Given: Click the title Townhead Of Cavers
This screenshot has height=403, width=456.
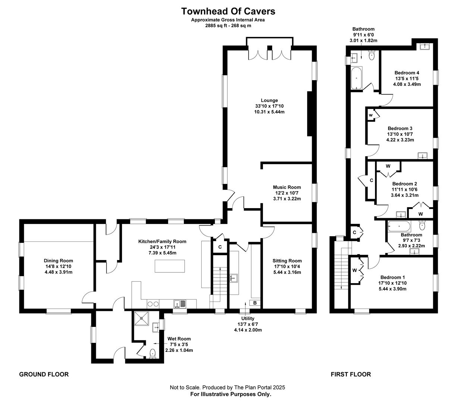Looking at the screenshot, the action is point(228,11).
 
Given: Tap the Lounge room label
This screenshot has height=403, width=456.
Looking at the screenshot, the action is point(269,100).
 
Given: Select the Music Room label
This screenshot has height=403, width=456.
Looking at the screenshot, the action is point(287,187).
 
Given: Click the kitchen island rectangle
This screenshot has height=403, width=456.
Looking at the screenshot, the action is point(170,266).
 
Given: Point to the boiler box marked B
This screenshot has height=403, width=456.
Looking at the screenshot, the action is point(255,303).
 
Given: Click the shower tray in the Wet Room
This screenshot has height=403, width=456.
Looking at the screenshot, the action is point(141,318).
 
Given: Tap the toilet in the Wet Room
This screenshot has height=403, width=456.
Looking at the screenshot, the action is point(152,354).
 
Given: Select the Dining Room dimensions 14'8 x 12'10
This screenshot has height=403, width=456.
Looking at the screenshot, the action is point(58,266).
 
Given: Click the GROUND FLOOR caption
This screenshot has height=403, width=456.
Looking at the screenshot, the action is point(44,374).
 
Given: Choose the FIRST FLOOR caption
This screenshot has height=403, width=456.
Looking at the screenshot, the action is point(350,374).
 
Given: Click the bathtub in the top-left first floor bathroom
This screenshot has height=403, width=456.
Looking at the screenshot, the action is point(356,78).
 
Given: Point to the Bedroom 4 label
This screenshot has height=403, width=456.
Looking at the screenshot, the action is point(407,73).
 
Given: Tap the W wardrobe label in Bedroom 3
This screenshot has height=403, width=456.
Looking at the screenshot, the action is point(371,115).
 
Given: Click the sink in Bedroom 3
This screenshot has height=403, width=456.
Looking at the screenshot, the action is point(422,156).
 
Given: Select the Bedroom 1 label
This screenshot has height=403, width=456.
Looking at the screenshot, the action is point(393,277).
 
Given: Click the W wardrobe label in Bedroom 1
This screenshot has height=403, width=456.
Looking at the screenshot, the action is point(355,270).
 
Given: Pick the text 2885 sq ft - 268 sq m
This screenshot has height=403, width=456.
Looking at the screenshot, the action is point(228,26).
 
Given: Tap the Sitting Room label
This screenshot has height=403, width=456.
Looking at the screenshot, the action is point(287,260).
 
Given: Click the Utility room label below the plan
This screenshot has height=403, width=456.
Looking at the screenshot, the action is point(248,318).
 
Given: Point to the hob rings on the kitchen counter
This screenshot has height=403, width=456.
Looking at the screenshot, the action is point(153,304).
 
